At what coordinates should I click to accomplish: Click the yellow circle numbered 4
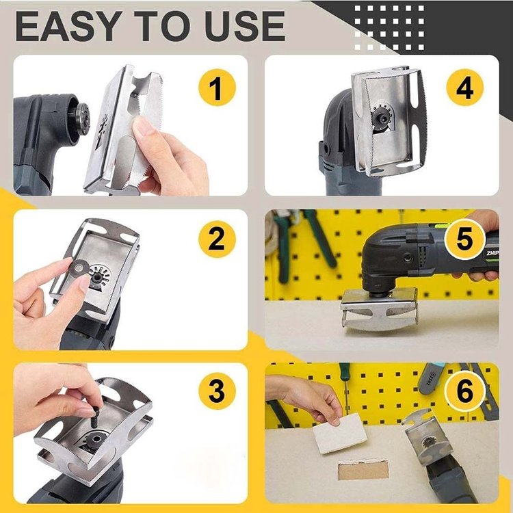click(465, 90)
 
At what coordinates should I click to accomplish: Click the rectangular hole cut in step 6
click(362, 470)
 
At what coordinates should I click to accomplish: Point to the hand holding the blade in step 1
click(168, 154)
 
